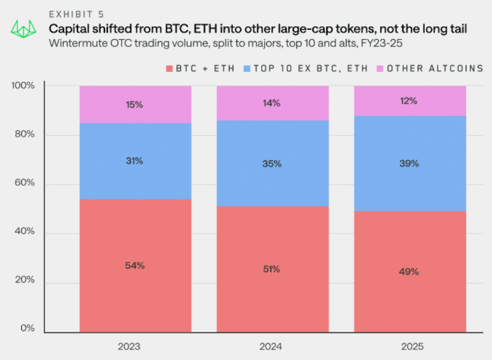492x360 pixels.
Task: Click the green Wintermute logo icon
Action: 23,28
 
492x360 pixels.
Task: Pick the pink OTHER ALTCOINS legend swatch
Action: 380,68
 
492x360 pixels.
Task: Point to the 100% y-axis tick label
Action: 24,86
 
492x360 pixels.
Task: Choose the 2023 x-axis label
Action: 130,346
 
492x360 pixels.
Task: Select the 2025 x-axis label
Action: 411,346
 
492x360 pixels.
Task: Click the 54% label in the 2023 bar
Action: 134,265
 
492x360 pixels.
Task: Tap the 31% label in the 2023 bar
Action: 134,161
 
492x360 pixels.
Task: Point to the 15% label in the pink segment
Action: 134,105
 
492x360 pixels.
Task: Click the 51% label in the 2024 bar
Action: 271,269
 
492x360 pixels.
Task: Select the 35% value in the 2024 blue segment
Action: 271,164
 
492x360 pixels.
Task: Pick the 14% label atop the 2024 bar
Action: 271,103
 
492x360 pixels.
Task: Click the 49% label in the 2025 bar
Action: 409,271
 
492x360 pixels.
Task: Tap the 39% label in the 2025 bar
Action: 409,163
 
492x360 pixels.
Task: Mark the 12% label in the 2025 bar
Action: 409,101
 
